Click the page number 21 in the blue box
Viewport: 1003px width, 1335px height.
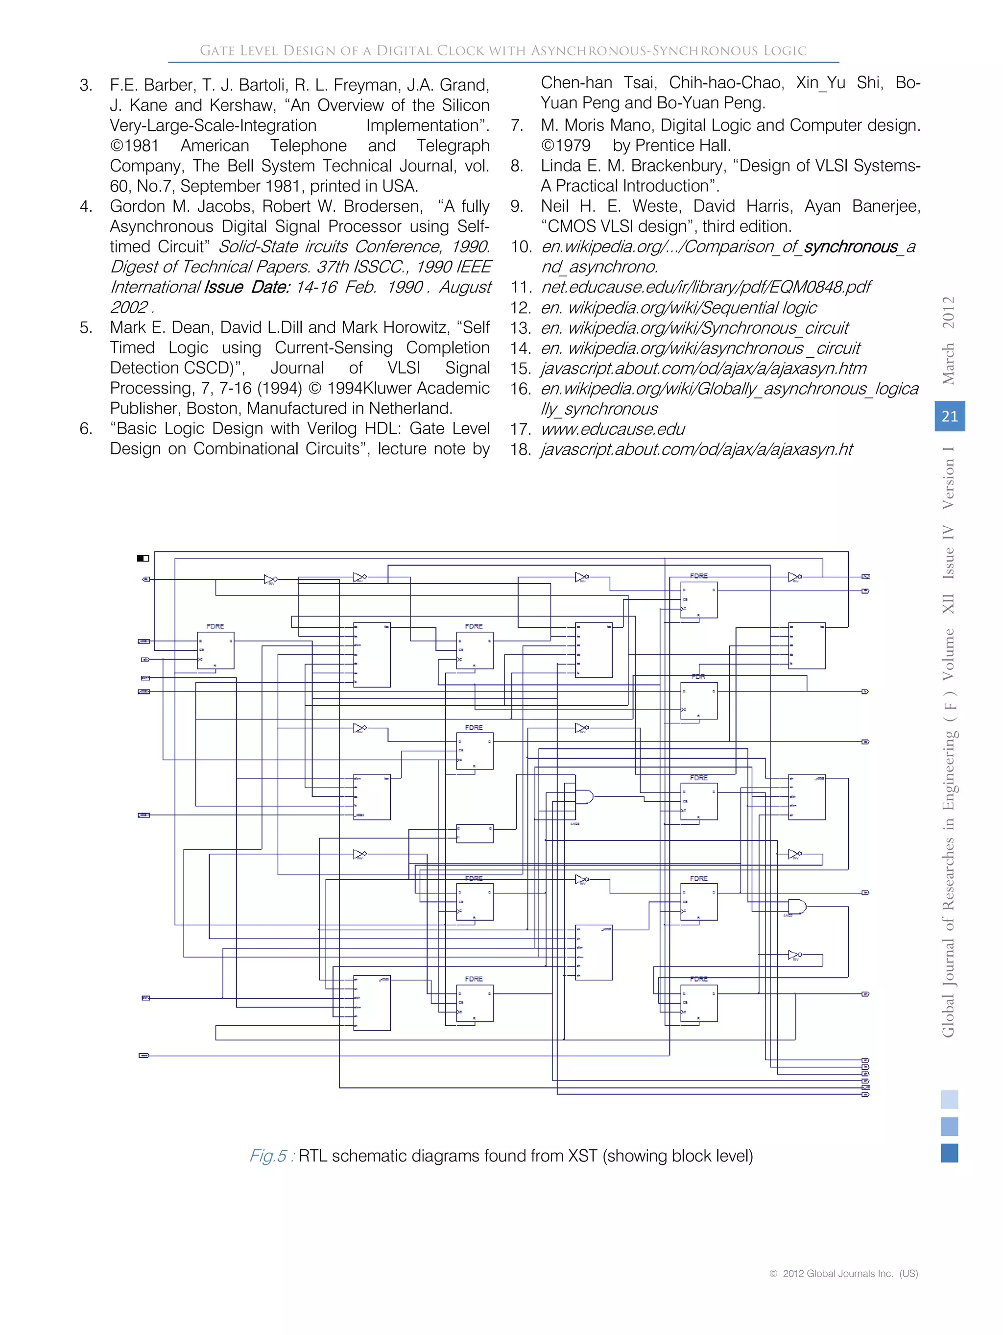click(x=949, y=417)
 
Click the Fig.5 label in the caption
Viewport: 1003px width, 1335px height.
click(x=268, y=1156)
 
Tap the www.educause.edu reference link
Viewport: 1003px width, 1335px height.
click(x=613, y=429)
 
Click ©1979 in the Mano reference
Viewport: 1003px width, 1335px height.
click(x=566, y=146)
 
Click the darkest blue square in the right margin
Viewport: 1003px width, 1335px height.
click(x=949, y=1153)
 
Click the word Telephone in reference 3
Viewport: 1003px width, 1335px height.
click(x=308, y=146)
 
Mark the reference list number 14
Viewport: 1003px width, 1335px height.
click(x=520, y=348)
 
